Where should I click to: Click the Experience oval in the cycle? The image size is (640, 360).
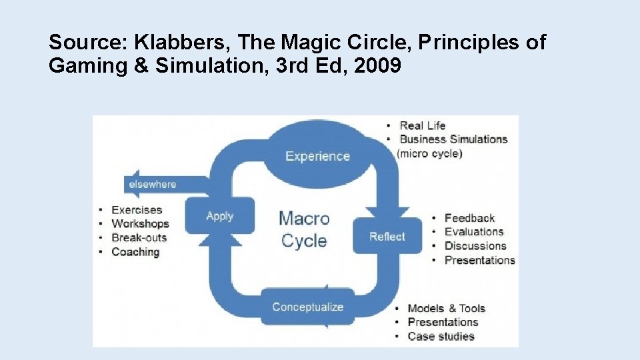point(317,156)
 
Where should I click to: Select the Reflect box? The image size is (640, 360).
point(387,236)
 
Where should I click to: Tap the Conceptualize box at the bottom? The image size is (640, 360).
point(307,307)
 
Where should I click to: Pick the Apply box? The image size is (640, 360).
point(219,215)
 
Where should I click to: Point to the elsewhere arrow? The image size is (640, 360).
point(153,184)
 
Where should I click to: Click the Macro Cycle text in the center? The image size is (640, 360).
point(304,229)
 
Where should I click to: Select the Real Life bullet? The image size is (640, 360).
point(422,125)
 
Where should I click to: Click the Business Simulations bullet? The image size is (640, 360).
point(453,139)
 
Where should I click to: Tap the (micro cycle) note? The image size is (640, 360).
point(429,153)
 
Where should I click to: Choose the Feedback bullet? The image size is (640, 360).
point(469,218)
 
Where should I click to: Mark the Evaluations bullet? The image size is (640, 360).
point(473,231)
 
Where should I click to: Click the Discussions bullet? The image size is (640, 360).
point(475,245)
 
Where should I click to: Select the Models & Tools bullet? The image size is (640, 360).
point(446,308)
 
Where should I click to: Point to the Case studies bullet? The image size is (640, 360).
point(441,336)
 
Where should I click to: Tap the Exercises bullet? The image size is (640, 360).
point(137,210)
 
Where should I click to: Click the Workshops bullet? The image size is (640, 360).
point(140,224)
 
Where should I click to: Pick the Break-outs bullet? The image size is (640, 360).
point(139,237)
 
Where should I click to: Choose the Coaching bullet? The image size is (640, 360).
point(135,252)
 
